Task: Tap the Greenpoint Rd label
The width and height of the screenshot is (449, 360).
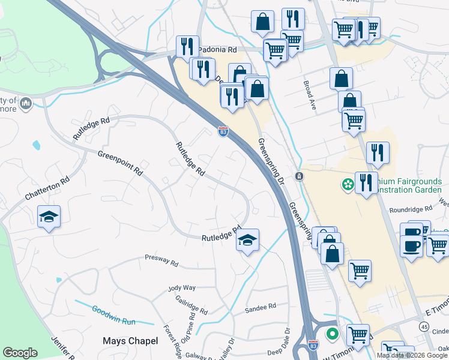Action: pyautogui.click(x=121, y=163)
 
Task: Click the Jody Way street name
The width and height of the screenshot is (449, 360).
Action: pyautogui.click(x=182, y=288)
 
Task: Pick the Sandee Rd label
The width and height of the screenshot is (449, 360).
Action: pyautogui.click(x=260, y=307)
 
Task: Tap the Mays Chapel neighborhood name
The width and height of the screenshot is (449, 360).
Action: pyautogui.click(x=130, y=341)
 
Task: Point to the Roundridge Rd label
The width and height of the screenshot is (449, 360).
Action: pyautogui.click(x=411, y=210)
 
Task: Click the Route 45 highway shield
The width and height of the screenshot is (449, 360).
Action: pyautogui.click(x=424, y=326)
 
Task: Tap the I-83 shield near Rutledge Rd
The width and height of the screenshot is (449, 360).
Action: pyautogui.click(x=223, y=131)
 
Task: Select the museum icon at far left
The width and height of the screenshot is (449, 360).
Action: pyautogui.click(x=25, y=104)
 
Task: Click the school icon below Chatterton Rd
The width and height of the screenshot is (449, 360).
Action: pyautogui.click(x=49, y=217)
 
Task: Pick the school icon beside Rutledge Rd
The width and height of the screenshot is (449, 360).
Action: pyautogui.click(x=247, y=240)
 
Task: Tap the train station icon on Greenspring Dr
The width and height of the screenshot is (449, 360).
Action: pyautogui.click(x=299, y=176)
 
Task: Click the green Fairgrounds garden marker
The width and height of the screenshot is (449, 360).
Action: pyautogui.click(x=347, y=184)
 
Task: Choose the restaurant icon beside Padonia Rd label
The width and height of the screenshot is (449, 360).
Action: pyautogui.click(x=187, y=46)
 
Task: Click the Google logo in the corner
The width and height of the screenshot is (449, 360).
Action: pyautogui.click(x=20, y=353)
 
